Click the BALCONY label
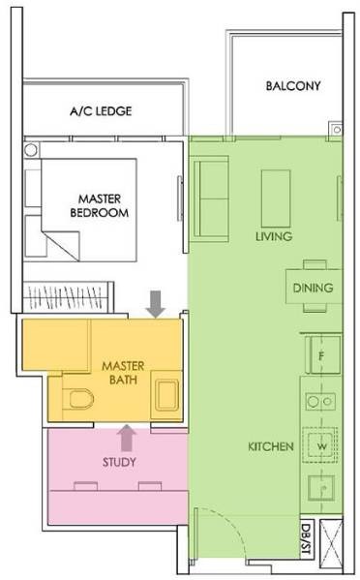tap(293, 86)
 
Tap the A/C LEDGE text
tap(101, 111)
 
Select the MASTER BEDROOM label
tap(100, 205)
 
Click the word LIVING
tap(274, 236)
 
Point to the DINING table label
tap(313, 288)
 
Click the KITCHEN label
tap(271, 446)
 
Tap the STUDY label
tap(119, 462)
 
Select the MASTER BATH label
tap(123, 373)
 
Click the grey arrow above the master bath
tap(156, 304)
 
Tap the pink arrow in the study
tap(127, 438)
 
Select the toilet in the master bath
tap(78, 399)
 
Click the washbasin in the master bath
tap(166, 395)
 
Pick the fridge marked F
tap(322, 354)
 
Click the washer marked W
tap(320, 445)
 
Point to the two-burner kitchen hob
tap(320, 401)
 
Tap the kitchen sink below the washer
tap(321, 488)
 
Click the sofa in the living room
tap(210, 198)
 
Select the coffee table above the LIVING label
tap(276, 198)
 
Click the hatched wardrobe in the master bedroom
tap(69, 296)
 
